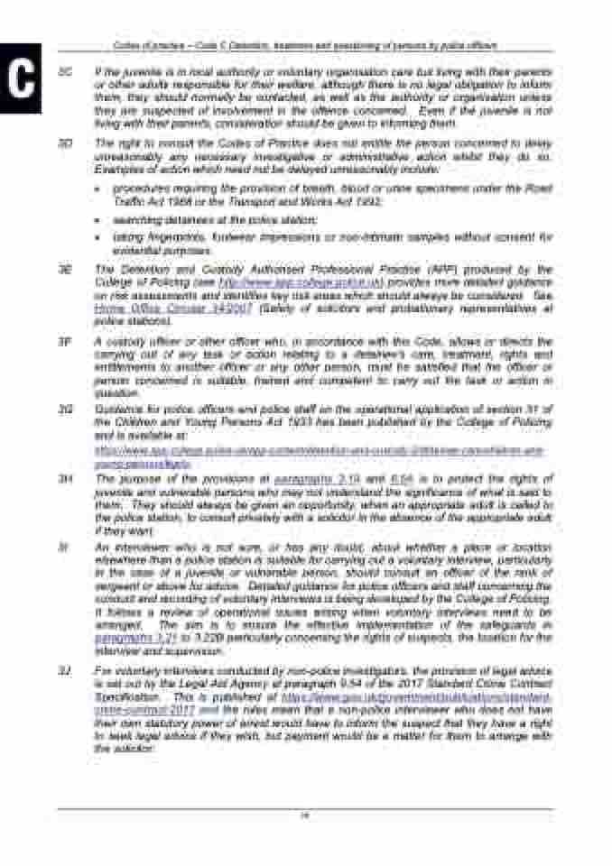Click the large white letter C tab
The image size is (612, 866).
coord(21,79)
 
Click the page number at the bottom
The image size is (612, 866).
coord(306,815)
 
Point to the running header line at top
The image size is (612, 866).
coord(306,44)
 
